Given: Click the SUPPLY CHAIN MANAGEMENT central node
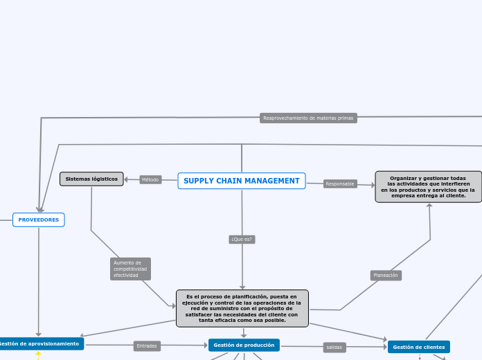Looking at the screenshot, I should [x=242, y=181].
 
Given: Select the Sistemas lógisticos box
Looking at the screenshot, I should [x=91, y=179].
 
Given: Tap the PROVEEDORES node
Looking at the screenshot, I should [x=39, y=219].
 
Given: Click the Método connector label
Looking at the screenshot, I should [x=150, y=180].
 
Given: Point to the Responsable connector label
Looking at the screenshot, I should [x=340, y=184].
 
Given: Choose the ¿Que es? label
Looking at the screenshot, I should [x=242, y=240].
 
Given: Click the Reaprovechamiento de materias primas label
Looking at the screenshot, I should [x=308, y=118].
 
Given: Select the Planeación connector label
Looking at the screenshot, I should [x=386, y=276].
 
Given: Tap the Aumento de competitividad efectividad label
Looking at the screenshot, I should [x=130, y=269].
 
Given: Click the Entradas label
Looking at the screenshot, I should [x=147, y=345].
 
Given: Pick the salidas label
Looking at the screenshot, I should [x=334, y=347].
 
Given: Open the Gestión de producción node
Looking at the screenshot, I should [x=244, y=345].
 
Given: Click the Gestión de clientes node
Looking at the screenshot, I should [x=418, y=347].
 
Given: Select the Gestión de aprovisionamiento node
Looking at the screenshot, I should [x=40, y=343].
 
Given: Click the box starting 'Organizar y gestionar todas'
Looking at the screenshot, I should [x=428, y=187].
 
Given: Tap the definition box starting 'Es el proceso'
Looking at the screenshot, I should [x=242, y=308].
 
